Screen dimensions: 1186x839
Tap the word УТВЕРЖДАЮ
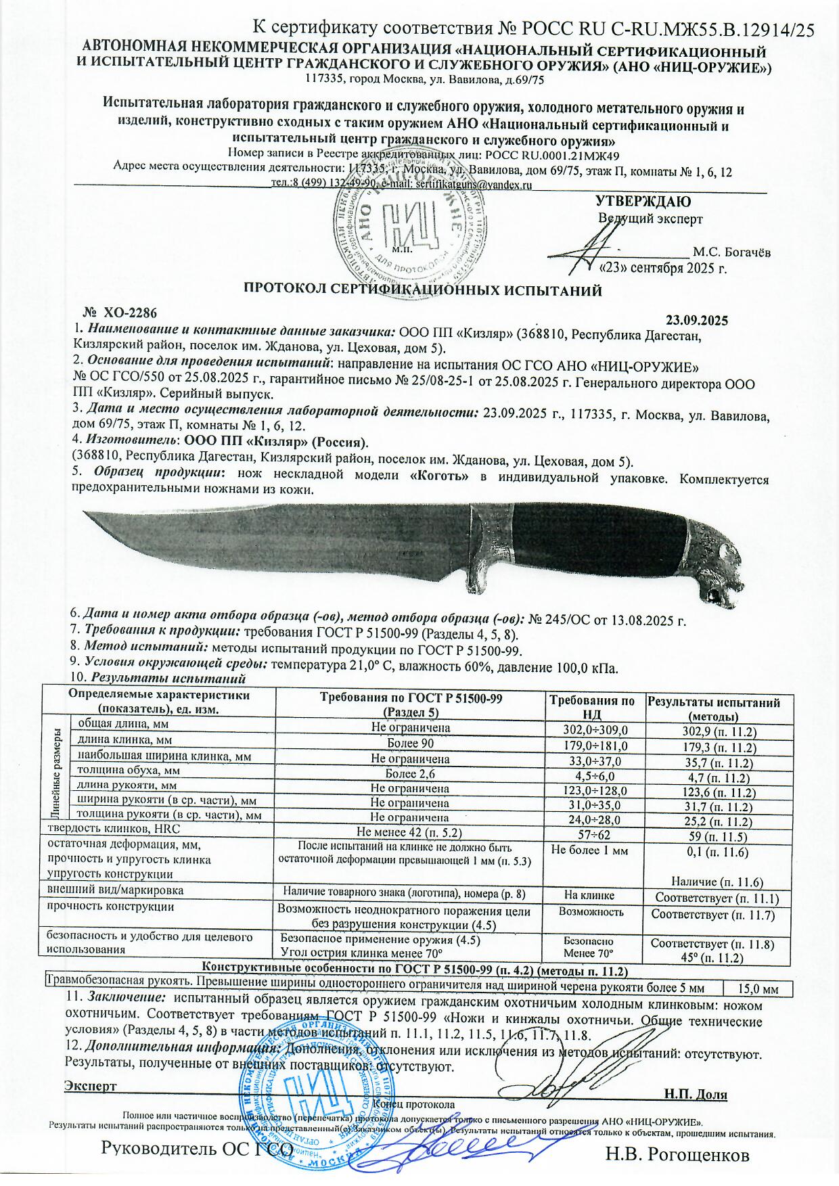click(x=642, y=201)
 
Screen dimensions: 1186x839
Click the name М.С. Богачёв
click(x=731, y=252)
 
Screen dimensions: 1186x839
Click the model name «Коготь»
click(x=440, y=478)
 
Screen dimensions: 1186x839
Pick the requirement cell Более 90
click(x=409, y=744)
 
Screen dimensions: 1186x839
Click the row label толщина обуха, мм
click(x=129, y=770)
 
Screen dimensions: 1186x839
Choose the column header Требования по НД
click(x=591, y=708)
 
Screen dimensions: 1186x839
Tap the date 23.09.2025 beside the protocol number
click(x=697, y=319)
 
